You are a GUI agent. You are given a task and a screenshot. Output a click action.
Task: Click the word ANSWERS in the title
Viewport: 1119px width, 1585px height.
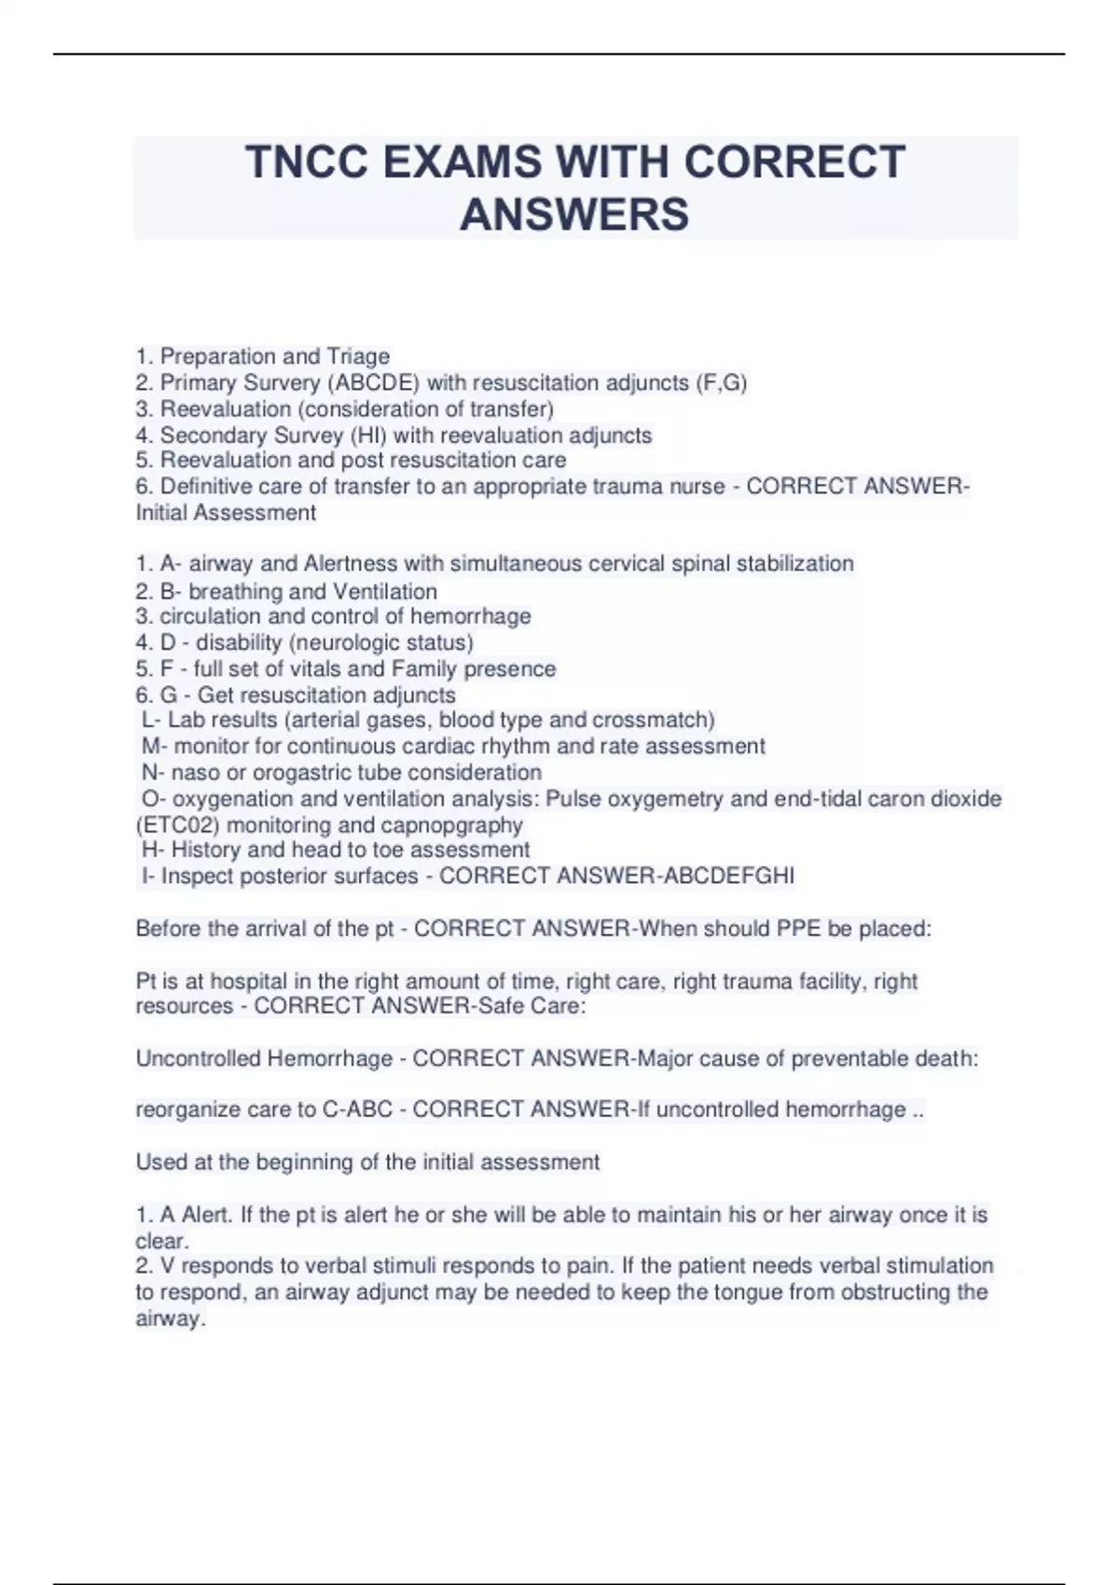pyautogui.click(x=574, y=214)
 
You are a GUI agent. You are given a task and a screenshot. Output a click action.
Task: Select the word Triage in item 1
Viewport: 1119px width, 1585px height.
pyautogui.click(x=358, y=357)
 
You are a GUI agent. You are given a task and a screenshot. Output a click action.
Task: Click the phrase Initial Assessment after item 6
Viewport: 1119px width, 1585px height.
pyautogui.click(x=226, y=513)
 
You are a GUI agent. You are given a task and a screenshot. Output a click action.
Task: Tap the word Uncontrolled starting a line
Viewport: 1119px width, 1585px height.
pyautogui.click(x=199, y=1059)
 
